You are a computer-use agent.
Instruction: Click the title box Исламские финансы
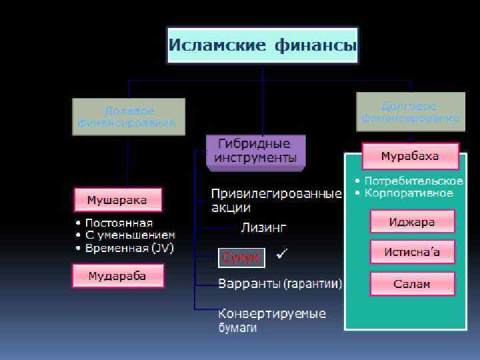263,45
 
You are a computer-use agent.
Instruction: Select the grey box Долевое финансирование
129,117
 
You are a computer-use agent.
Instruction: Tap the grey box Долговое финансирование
410,112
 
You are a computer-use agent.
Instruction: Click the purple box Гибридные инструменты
255,151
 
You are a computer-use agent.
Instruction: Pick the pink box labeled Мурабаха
410,157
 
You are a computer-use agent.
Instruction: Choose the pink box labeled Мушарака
118,199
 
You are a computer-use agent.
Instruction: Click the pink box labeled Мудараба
118,275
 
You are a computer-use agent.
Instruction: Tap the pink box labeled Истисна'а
413,252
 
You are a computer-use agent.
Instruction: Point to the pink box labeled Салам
413,283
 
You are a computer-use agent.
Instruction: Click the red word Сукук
241,257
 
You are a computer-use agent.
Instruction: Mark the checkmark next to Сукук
282,254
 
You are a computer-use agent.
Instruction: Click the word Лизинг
263,228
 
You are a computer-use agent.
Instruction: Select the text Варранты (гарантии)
280,285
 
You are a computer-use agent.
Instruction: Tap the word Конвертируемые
272,313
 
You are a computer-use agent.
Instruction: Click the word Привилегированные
276,194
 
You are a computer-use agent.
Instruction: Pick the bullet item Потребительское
413,181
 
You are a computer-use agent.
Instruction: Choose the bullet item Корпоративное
408,193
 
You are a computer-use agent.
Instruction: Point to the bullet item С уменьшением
129,235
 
